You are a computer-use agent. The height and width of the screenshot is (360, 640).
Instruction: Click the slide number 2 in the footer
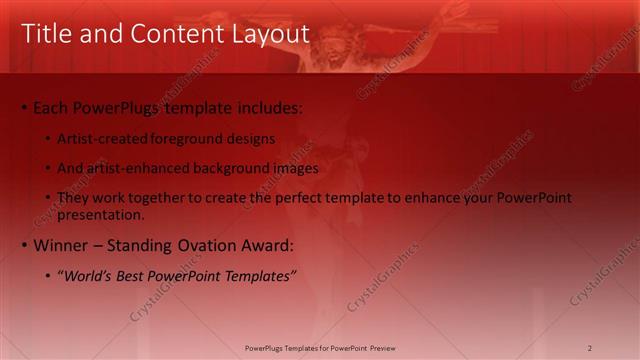click(x=590, y=347)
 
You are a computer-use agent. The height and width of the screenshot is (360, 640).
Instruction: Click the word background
click(x=235, y=168)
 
